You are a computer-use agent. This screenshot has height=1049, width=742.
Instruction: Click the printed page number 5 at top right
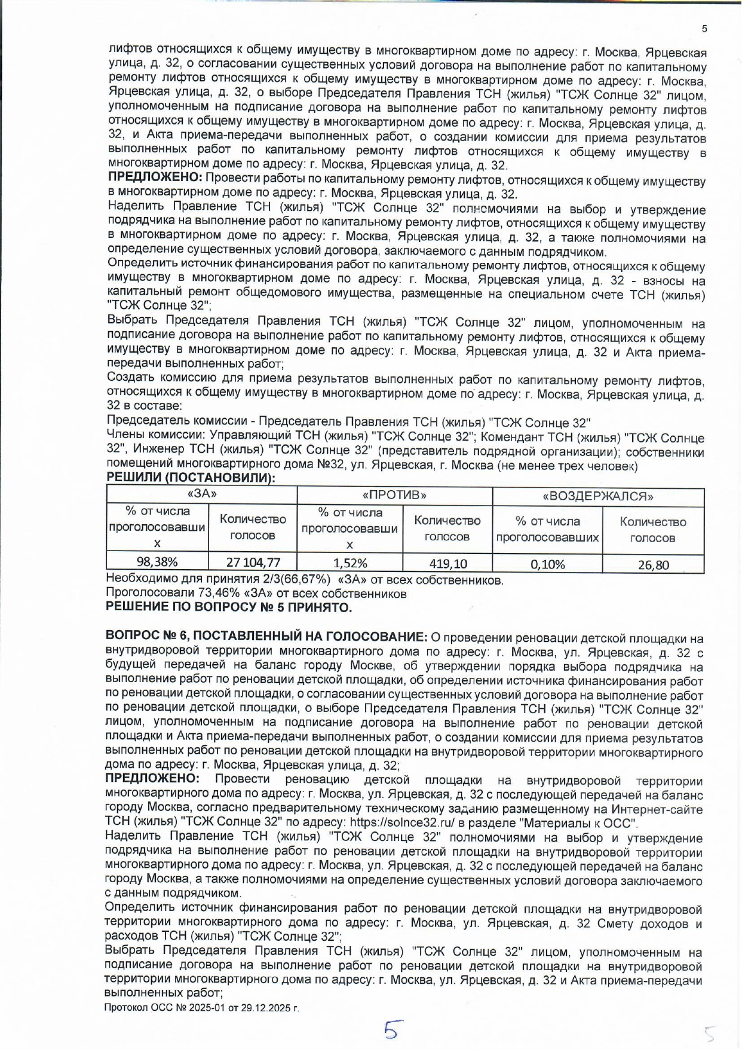coord(704,29)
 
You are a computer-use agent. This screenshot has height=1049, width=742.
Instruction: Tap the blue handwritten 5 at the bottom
coord(392,1030)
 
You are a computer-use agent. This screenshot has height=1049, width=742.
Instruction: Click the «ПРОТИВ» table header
coord(394,495)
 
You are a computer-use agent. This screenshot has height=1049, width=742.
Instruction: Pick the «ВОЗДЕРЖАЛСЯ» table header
coord(597,497)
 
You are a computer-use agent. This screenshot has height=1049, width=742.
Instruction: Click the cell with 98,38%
coord(157,561)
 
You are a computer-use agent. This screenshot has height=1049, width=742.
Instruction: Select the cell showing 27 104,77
coord(252,562)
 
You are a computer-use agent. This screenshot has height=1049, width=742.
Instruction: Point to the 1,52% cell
coord(349,562)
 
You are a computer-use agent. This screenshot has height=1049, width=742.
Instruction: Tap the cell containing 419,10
coord(447,563)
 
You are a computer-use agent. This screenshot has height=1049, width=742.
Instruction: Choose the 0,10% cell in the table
coord(547,564)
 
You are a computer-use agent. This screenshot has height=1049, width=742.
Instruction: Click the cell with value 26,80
coord(653,565)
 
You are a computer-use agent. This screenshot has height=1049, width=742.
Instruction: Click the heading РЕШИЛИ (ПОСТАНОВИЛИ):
coord(191,478)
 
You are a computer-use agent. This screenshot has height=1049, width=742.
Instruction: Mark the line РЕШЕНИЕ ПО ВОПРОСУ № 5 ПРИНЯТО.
coord(228,607)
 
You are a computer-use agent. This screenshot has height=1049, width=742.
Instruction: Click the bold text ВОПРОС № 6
coord(146,637)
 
